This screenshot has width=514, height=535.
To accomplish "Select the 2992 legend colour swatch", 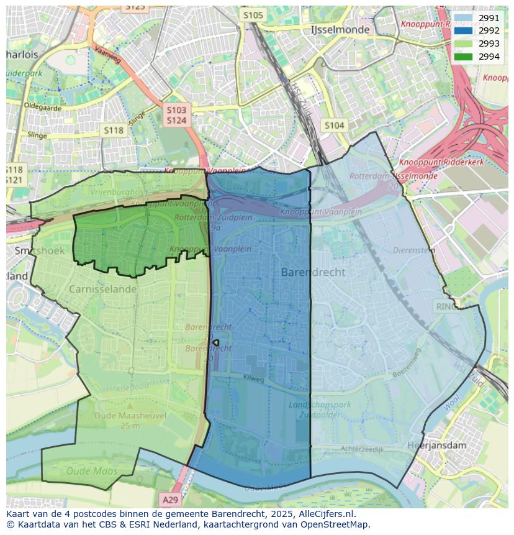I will (x=462, y=31).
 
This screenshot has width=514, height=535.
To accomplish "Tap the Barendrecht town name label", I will (x=313, y=272).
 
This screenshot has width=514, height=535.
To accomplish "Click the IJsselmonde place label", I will (x=340, y=29).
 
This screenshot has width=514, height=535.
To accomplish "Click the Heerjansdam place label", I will (x=436, y=445).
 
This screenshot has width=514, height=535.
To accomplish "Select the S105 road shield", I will (x=253, y=15).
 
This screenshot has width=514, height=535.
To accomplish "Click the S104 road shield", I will (x=334, y=126).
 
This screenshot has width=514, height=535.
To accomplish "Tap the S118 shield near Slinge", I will (x=114, y=130).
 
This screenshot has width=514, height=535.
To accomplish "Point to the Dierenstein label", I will (x=413, y=250).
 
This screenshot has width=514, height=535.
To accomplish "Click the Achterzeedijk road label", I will (x=362, y=449).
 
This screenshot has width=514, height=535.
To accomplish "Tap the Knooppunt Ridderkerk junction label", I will (x=437, y=162).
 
